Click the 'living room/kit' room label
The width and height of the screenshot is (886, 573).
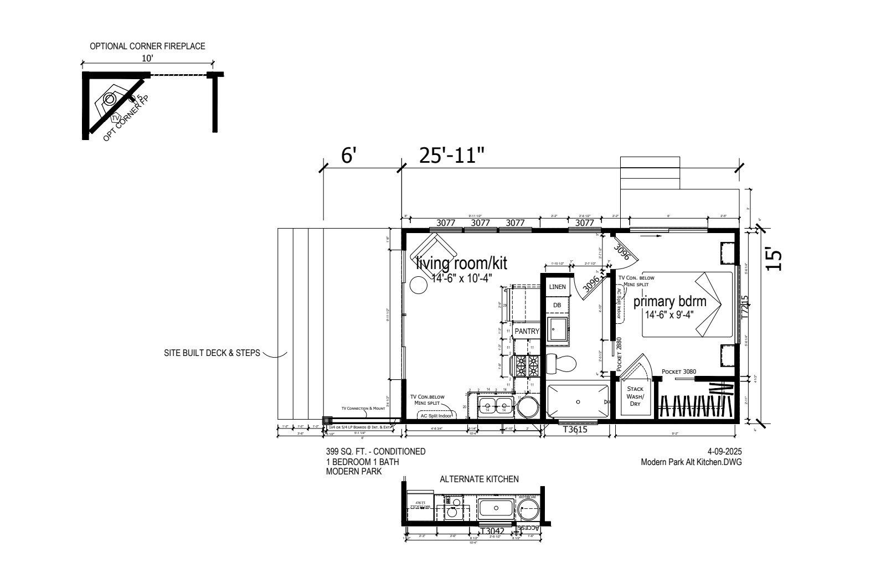tap(461, 262)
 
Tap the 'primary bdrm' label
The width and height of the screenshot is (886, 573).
tap(669, 302)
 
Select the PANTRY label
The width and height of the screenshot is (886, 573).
tap(527, 331)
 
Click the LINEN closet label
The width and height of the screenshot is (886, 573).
tap(557, 287)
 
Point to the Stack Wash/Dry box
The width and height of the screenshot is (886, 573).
tap(635, 396)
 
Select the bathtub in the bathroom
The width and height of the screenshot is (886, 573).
tap(578, 401)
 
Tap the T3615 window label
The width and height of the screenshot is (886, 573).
tap(575, 429)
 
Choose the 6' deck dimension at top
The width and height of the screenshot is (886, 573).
tap(347, 156)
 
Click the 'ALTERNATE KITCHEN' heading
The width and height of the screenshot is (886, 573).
tap(479, 479)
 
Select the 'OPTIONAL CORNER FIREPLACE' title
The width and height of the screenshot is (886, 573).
tap(147, 46)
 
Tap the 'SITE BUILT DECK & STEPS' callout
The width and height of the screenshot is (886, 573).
tap(212, 353)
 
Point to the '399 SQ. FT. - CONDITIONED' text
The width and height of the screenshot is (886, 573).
tap(375, 452)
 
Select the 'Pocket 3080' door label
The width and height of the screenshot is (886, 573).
tap(678, 371)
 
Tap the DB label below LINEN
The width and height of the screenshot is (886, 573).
tap(557, 305)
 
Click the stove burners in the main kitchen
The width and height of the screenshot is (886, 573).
tap(527, 364)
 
